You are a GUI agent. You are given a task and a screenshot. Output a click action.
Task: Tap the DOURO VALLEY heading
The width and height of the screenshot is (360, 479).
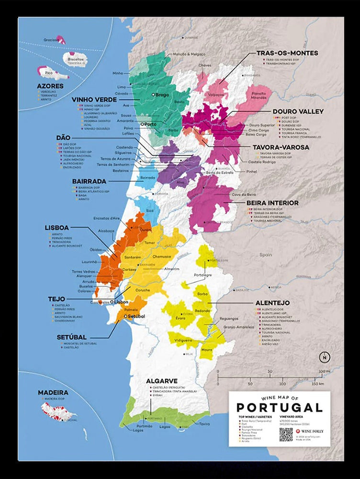coord(298,112)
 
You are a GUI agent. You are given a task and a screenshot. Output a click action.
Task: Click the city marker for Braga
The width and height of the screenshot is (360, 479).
coord(153,95)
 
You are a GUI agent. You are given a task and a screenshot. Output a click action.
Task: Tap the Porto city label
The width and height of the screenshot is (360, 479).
coord(151,124)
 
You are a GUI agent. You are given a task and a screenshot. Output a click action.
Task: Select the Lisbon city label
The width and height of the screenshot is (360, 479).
coord(120,302)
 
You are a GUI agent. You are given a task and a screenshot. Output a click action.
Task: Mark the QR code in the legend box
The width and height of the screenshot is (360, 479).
coord(286,434)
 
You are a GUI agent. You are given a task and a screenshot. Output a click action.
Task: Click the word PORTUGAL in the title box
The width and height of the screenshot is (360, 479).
coord(279,408)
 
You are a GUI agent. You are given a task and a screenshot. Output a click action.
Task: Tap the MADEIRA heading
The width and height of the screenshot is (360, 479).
coord(53,392)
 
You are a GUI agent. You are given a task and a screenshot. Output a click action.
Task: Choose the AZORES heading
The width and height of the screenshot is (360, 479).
coord(50,86)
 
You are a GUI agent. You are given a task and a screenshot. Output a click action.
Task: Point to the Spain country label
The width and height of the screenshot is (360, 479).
coord(266,255)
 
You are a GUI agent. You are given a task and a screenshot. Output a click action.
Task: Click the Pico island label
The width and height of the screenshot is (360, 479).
coord(48,72)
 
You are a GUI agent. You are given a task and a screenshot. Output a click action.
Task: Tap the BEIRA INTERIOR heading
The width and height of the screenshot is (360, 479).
coord(272,203)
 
